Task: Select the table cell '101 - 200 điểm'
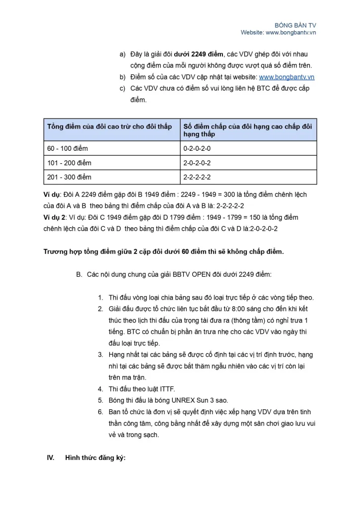70,163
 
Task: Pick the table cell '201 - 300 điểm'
70,177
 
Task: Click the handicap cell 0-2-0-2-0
197,148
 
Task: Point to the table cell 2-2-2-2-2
197,177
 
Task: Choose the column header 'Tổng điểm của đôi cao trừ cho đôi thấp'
109,127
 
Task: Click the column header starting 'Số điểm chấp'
247,130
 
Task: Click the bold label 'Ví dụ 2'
56,217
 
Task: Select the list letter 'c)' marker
122,88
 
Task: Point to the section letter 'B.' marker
79,274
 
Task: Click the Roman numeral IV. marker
50,457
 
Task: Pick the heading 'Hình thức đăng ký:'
95,457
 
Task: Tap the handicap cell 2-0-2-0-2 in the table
197,163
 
